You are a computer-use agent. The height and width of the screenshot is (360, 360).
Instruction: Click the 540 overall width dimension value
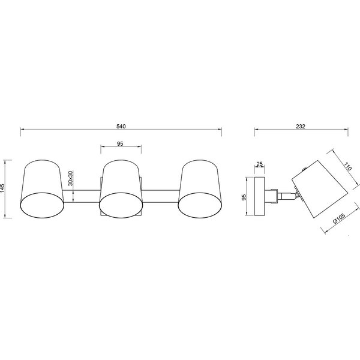tap(121, 126)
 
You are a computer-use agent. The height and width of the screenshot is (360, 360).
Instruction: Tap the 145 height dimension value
tap(4, 189)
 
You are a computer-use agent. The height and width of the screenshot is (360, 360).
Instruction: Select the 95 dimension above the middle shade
tap(120, 143)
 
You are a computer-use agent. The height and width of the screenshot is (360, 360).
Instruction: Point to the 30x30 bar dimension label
tap(70, 179)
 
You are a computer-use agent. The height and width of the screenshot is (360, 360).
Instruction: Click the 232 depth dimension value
tap(301, 126)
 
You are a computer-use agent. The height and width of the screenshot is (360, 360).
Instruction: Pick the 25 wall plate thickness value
tap(259, 164)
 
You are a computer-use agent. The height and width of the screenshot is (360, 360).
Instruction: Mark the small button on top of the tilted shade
tap(305, 171)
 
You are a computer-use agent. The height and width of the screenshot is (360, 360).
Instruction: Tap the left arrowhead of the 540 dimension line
tap(22, 130)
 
